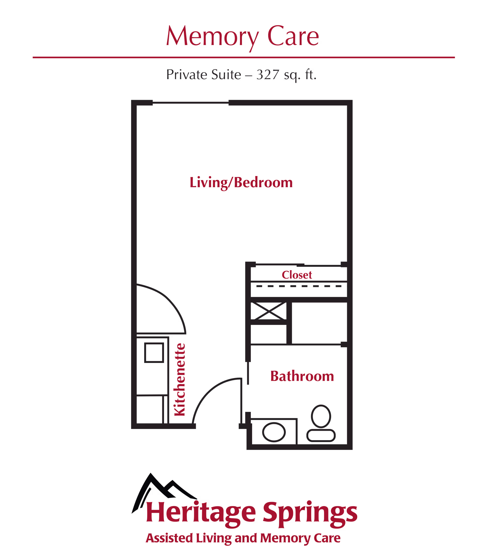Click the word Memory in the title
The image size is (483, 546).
[212, 37]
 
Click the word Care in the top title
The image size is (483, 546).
[293, 37]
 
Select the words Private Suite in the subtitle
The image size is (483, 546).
[204, 74]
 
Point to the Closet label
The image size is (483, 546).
[297, 275]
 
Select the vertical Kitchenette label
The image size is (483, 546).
[180, 380]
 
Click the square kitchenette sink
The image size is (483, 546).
[154, 353]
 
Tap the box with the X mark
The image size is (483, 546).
[268, 311]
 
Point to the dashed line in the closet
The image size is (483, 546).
[298, 286]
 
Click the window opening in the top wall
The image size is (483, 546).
[190, 103]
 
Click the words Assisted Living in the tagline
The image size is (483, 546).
[188, 537]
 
